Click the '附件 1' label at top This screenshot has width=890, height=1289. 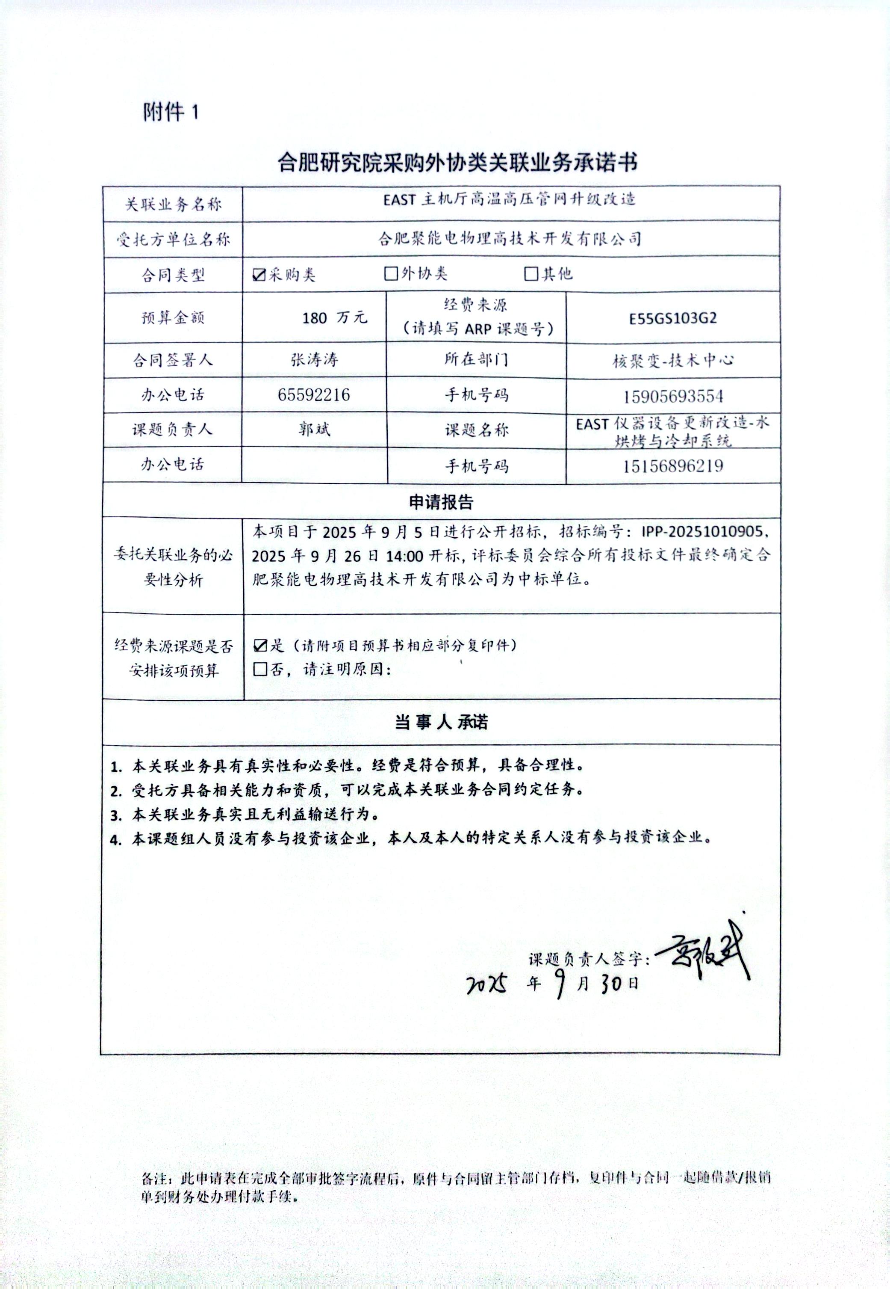coord(171,112)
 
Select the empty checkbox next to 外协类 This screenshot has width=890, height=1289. coord(391,273)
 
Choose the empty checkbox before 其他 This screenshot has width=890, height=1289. coord(531,273)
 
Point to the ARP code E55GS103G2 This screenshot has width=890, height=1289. coord(672,318)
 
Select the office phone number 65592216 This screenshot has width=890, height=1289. coord(314,395)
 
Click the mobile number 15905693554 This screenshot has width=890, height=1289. coord(673,397)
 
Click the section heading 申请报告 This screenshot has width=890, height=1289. coord(441,502)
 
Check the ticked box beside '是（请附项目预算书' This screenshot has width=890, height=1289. coord(260,646)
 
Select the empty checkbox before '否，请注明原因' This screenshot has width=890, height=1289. coord(260,669)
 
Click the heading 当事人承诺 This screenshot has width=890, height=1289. coord(441,722)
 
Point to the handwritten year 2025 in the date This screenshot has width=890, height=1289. coord(486,985)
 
